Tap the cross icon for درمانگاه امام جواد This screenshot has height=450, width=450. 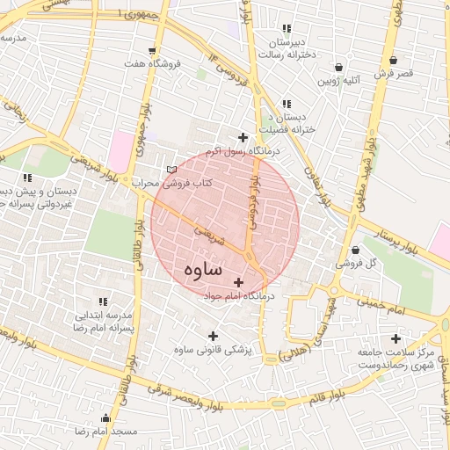[x=238, y=282]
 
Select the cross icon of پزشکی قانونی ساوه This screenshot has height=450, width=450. [x=212, y=335]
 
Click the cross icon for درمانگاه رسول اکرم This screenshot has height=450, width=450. [x=243, y=137]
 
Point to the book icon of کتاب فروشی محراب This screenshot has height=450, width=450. [x=171, y=169]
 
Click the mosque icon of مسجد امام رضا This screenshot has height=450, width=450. [x=106, y=418]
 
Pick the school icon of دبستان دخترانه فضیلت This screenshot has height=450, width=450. [x=287, y=104]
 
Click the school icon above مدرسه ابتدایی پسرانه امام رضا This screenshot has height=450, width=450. [x=103, y=301]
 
